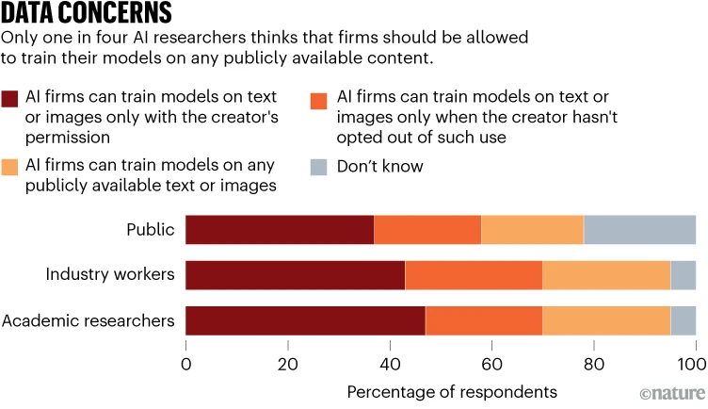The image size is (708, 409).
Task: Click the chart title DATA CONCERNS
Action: [86, 13]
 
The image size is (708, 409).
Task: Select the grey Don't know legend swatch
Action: [318, 167]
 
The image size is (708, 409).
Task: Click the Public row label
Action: [151, 230]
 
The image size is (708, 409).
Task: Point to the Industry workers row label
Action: [110, 275]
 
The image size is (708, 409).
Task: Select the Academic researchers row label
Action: [88, 320]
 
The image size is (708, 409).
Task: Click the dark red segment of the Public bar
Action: [280, 230]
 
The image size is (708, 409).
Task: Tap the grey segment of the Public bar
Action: [639, 230]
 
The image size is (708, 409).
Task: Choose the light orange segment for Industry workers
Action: [606, 275]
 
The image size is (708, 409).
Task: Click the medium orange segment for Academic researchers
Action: [484, 320]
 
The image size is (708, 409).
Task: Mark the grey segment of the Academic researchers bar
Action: [683, 320]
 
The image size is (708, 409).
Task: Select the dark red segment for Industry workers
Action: [296, 275]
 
